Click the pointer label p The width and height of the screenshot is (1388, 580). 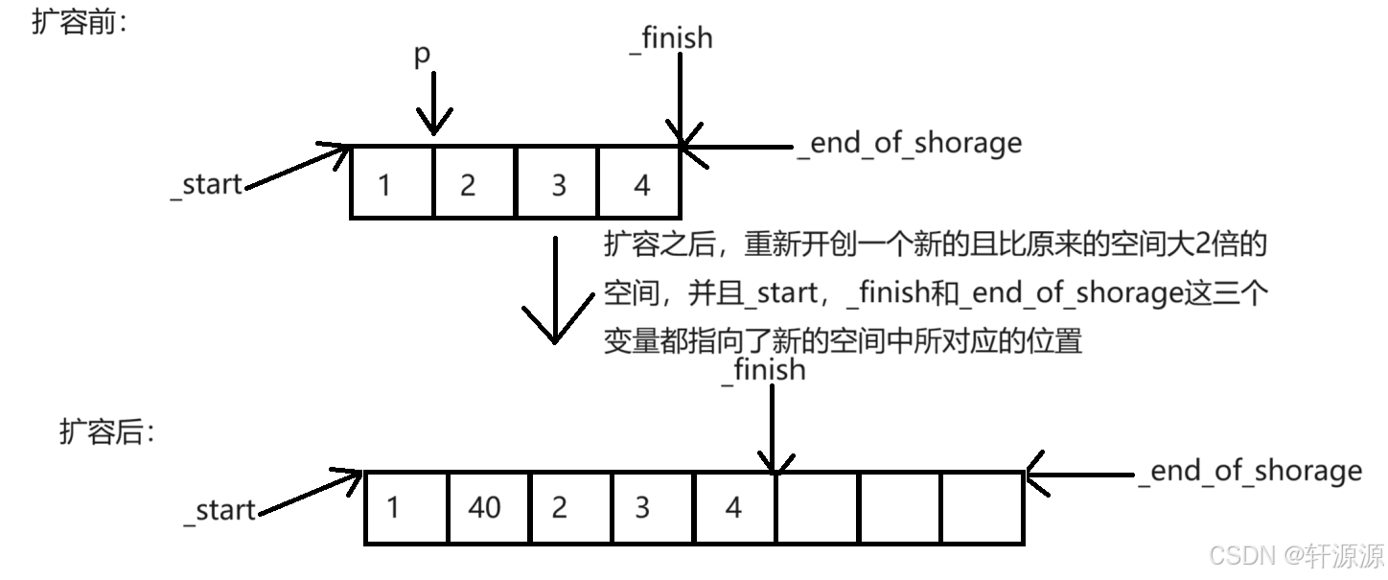pyautogui.click(x=423, y=56)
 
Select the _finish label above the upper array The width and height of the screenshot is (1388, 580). pyautogui.click(x=671, y=38)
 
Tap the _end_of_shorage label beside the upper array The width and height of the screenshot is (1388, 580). pyautogui.click(x=909, y=144)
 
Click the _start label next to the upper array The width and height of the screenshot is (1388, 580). pyautogui.click(x=206, y=184)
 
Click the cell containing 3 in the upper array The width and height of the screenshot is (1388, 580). pyautogui.click(x=557, y=182)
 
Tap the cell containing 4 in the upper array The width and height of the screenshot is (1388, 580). pyautogui.click(x=639, y=182)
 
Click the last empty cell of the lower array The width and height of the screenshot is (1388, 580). pyautogui.click(x=982, y=508)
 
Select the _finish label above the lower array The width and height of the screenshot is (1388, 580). pyautogui.click(x=763, y=370)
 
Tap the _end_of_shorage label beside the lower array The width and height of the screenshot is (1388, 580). pyautogui.click(x=1250, y=472)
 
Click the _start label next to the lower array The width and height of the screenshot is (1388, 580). pyautogui.click(x=220, y=510)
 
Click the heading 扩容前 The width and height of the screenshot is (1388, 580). pyautogui.click(x=81, y=24)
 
